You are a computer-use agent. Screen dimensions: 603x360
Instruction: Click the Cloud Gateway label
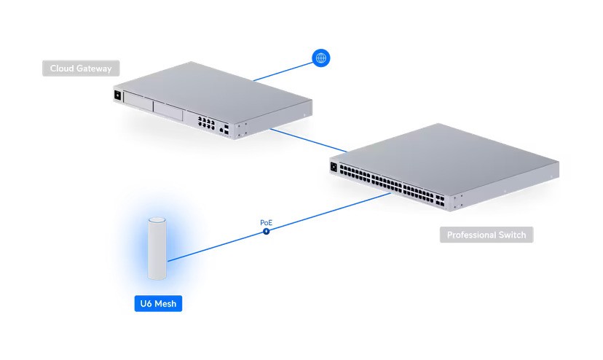[81, 69]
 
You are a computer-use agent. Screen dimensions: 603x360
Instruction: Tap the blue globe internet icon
[320, 58]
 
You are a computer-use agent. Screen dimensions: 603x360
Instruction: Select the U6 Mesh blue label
[158, 303]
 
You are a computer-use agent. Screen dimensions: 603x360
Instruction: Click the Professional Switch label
[486, 235]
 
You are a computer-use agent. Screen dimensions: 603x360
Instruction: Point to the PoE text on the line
[266, 222]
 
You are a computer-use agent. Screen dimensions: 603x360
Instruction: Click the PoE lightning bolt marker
[266, 231]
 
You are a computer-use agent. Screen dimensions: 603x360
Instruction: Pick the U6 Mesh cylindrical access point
[157, 249]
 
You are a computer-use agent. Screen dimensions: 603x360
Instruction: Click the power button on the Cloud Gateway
[117, 95]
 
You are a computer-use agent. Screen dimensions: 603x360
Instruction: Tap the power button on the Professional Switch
[334, 167]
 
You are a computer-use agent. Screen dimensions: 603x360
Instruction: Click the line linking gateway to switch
[309, 141]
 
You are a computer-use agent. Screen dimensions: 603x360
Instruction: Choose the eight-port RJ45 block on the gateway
[206, 122]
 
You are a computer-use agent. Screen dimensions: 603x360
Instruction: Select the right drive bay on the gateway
[168, 111]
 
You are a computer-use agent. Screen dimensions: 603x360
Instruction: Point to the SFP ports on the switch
[440, 200]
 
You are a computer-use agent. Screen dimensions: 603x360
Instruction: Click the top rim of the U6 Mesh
[157, 220]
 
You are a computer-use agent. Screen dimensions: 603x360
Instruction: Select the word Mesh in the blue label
[165, 303]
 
